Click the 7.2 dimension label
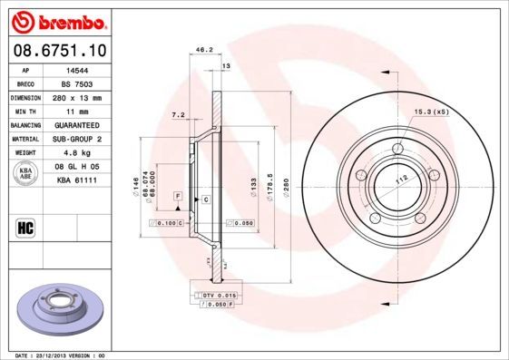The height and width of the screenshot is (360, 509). point(178,115)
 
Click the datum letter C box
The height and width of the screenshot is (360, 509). point(206,199)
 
